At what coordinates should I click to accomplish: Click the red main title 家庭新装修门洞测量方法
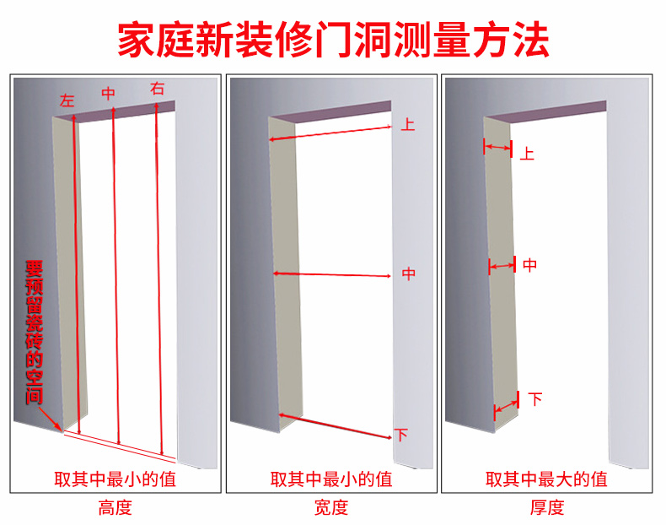334,40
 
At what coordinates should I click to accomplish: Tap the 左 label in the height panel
67,100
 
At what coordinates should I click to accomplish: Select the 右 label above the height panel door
157,89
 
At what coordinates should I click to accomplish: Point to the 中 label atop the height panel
108,94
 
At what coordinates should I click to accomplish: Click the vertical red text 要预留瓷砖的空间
34,332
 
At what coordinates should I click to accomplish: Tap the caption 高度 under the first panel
115,507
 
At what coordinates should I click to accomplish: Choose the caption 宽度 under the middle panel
331,507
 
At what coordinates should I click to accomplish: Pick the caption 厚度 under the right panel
547,507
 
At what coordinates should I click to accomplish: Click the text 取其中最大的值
546,479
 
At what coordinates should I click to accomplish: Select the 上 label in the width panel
408,124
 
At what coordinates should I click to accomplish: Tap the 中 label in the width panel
409,273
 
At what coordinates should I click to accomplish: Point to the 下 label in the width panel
401,435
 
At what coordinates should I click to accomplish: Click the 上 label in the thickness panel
527,154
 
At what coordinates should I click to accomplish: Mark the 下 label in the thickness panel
535,399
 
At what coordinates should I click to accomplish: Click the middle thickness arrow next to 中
502,266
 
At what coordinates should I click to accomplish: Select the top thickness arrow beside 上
497,148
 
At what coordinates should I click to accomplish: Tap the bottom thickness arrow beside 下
507,406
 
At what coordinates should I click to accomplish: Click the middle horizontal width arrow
331,274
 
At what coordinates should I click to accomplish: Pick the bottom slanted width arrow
335,425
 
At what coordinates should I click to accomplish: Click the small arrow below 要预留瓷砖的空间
50,419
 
